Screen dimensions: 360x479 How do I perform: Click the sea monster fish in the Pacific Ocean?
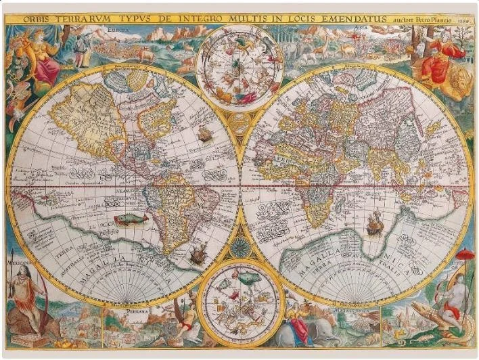click(x=131, y=219)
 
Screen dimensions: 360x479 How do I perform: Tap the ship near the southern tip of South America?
click(x=197, y=254)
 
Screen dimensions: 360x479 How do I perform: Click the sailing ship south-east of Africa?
click(x=374, y=223)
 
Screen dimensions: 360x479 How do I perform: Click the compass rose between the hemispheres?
click(x=239, y=247)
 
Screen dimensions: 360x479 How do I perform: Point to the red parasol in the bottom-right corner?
click(x=465, y=255)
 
